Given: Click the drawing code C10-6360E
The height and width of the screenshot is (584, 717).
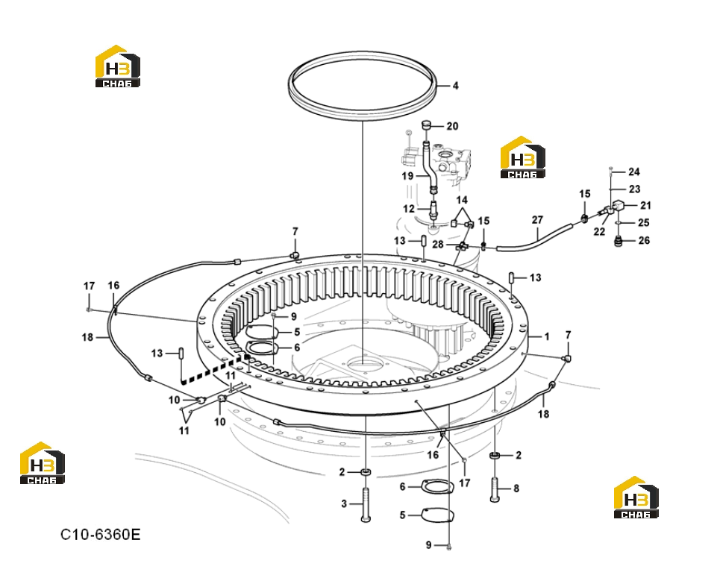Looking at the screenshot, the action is coord(101,534).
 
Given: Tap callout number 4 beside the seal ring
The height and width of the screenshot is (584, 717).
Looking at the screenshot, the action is coord(455,86).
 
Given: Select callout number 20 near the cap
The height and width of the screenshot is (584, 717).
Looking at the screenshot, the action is coord(452,126).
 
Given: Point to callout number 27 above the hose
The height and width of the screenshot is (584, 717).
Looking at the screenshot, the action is coord(537,220).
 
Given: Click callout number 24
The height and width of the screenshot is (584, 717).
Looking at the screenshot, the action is coord(633,172).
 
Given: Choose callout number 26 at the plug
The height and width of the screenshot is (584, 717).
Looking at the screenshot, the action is coord(644,240).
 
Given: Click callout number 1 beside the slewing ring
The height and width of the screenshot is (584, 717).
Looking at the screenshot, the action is coord(546,337).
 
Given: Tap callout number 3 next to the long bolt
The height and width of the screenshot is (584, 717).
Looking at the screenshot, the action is coord(344,504).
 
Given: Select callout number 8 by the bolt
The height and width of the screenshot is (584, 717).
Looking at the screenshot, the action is coord(516,489).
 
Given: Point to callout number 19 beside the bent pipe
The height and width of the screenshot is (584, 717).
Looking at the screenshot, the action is coord(407,176).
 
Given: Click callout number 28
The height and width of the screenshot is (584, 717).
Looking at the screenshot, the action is coord(438,245).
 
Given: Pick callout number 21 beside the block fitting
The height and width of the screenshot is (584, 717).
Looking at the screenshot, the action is coord(645,205).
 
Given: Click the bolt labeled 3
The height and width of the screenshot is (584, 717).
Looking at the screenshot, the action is coord(366,505).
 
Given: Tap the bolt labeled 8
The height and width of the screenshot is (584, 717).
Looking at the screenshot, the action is coord(495,490).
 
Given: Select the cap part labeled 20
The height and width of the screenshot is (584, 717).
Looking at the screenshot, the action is coord(426,125).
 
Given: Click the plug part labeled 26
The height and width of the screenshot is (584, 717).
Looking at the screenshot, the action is coord(619,241).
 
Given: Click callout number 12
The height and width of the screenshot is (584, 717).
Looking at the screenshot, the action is coord(408,209).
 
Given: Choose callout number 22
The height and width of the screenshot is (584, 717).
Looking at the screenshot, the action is coord(599,232).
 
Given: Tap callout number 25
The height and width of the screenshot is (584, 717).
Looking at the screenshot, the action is coord(644,222).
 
